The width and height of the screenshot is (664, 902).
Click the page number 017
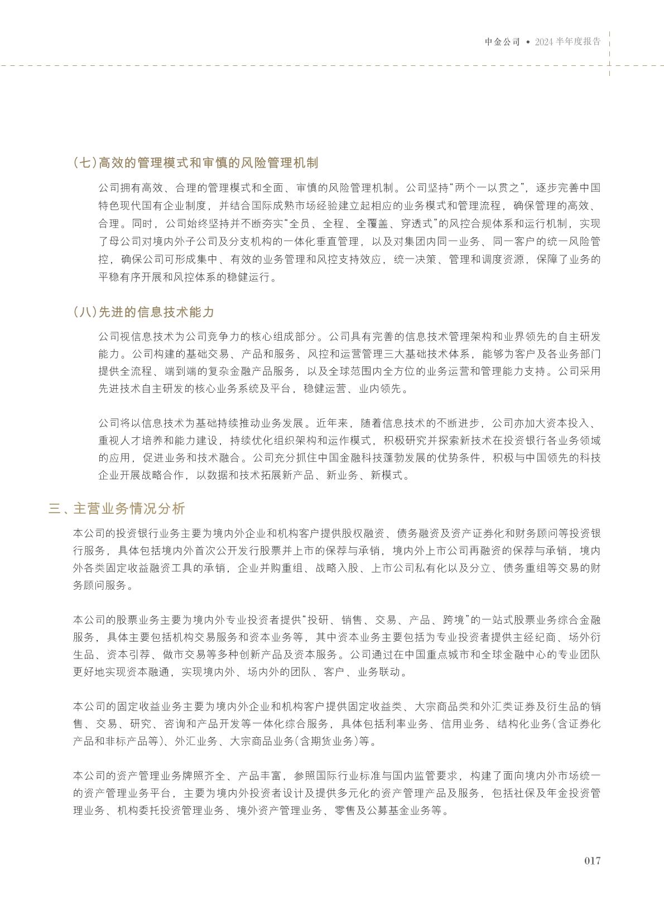click(592, 860)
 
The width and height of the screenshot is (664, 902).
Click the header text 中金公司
click(502, 42)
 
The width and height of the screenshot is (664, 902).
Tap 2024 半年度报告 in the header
click(567, 42)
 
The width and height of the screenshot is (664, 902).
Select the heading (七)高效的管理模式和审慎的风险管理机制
click(196, 163)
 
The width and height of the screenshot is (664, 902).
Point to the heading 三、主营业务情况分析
click(117, 509)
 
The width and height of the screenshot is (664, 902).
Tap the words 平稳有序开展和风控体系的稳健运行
click(182, 278)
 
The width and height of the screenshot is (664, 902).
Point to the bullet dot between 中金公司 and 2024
click(528, 42)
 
